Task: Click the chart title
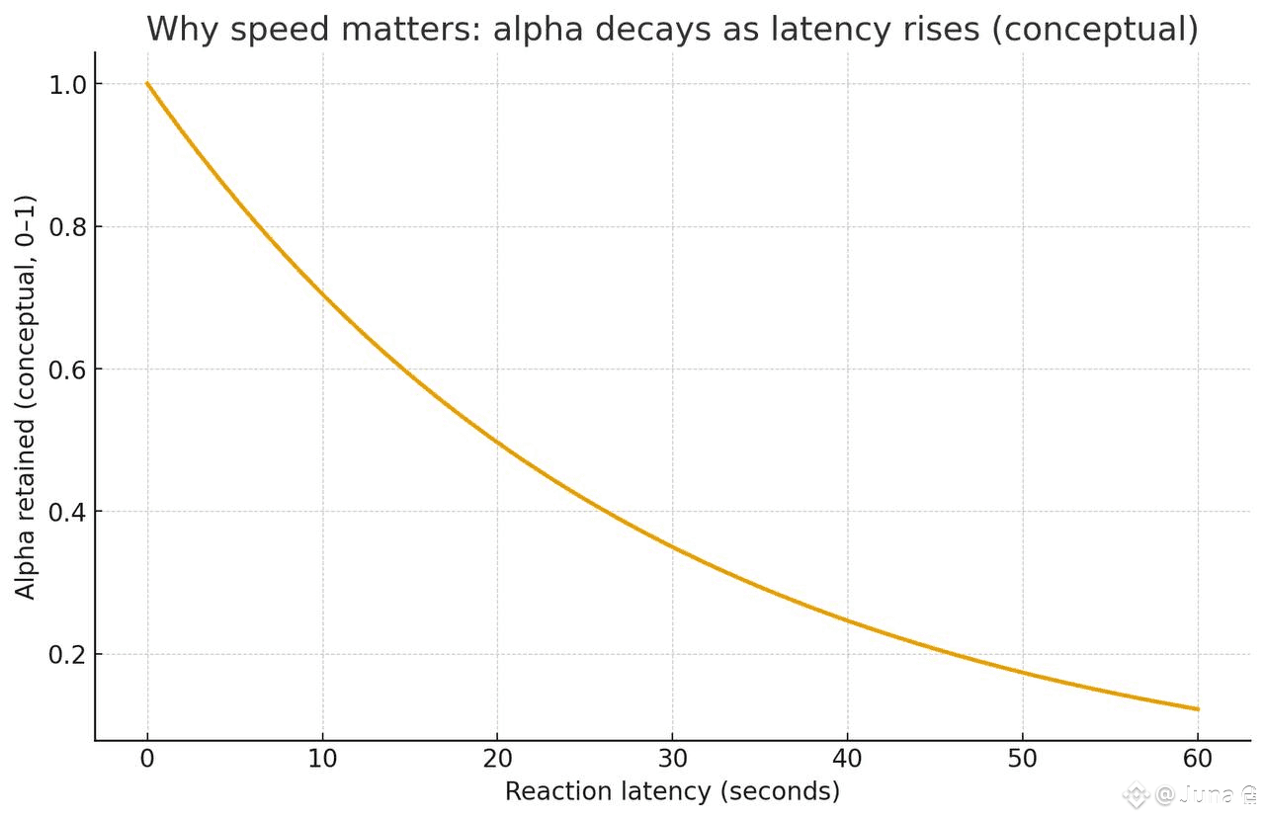pyautogui.click(x=672, y=29)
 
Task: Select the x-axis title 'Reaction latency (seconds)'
pyautogui.click(x=672, y=790)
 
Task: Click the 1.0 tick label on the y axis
pyautogui.click(x=67, y=85)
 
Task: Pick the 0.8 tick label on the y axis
pyautogui.click(x=67, y=227)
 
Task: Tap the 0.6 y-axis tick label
pyautogui.click(x=67, y=369)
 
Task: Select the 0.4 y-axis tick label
pyautogui.click(x=67, y=512)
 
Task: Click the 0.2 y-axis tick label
pyautogui.click(x=67, y=655)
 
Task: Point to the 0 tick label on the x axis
pyautogui.click(x=147, y=760)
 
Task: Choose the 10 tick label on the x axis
pyautogui.click(x=322, y=760)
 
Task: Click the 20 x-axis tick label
pyautogui.click(x=497, y=760)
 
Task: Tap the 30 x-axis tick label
pyautogui.click(x=672, y=760)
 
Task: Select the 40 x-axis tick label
pyautogui.click(x=847, y=760)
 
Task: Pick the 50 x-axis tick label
pyautogui.click(x=1023, y=760)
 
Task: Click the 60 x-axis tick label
pyautogui.click(x=1198, y=760)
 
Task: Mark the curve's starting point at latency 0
pyautogui.click(x=147, y=84)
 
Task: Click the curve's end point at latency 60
pyautogui.click(x=1198, y=709)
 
